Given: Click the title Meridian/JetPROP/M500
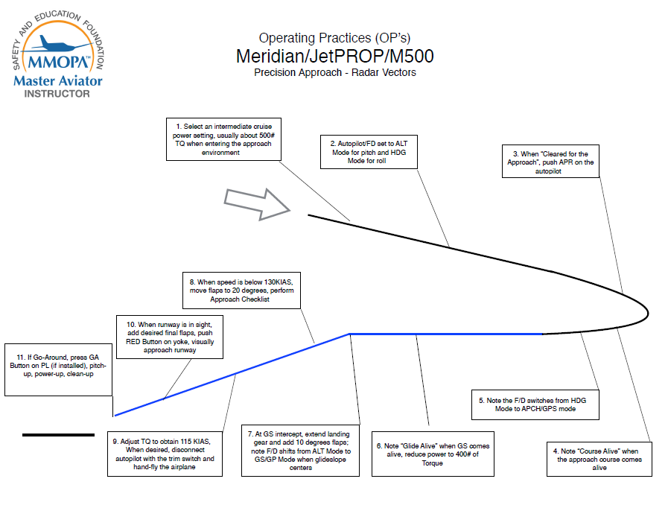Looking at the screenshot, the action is point(335,57).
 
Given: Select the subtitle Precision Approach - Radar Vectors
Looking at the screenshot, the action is point(335,72).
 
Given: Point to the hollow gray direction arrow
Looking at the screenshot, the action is point(257,204).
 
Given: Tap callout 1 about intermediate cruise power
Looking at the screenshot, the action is point(223,139).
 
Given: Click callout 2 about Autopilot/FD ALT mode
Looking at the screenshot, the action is point(369,152).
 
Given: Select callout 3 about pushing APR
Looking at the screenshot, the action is point(550,162).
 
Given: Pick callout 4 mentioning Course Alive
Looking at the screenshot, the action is point(599,459).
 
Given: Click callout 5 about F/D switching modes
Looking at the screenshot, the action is point(535,404).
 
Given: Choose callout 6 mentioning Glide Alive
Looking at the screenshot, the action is point(433,454).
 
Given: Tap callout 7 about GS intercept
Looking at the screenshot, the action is point(300,451).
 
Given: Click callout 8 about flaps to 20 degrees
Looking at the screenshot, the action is point(241,290).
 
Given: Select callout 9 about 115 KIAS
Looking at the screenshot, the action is point(165,454).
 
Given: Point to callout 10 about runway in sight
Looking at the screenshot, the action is point(170,337).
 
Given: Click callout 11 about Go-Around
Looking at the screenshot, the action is point(58,369).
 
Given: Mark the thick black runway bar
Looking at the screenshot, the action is point(58,435).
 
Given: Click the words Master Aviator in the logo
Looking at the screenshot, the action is point(58,80).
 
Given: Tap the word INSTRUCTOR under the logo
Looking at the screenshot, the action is point(57,94).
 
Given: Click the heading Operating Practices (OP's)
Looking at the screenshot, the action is point(335,38).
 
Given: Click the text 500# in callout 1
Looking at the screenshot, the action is point(267,135).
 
